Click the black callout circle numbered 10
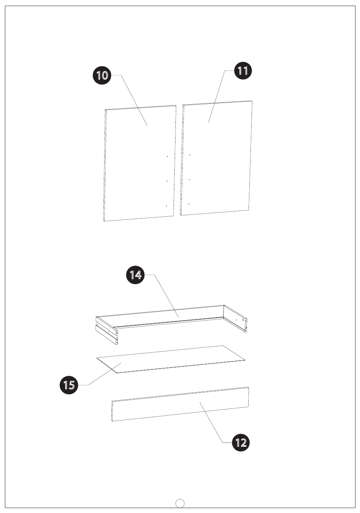coord(102,75)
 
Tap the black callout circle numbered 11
coord(243,70)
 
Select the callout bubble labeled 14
coord(135,275)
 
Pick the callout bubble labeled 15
coord(69,385)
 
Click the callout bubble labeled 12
coord(241,443)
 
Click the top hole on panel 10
coord(167,156)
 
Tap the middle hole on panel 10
coord(167,181)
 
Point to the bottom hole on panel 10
coord(166,206)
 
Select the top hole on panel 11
coord(190,155)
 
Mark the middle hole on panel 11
coord(189,180)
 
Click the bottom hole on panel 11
coord(188,204)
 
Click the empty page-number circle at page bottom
coord(180,504)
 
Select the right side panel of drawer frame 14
coord(235,319)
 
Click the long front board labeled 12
coord(180,404)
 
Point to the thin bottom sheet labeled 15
coord(171,359)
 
